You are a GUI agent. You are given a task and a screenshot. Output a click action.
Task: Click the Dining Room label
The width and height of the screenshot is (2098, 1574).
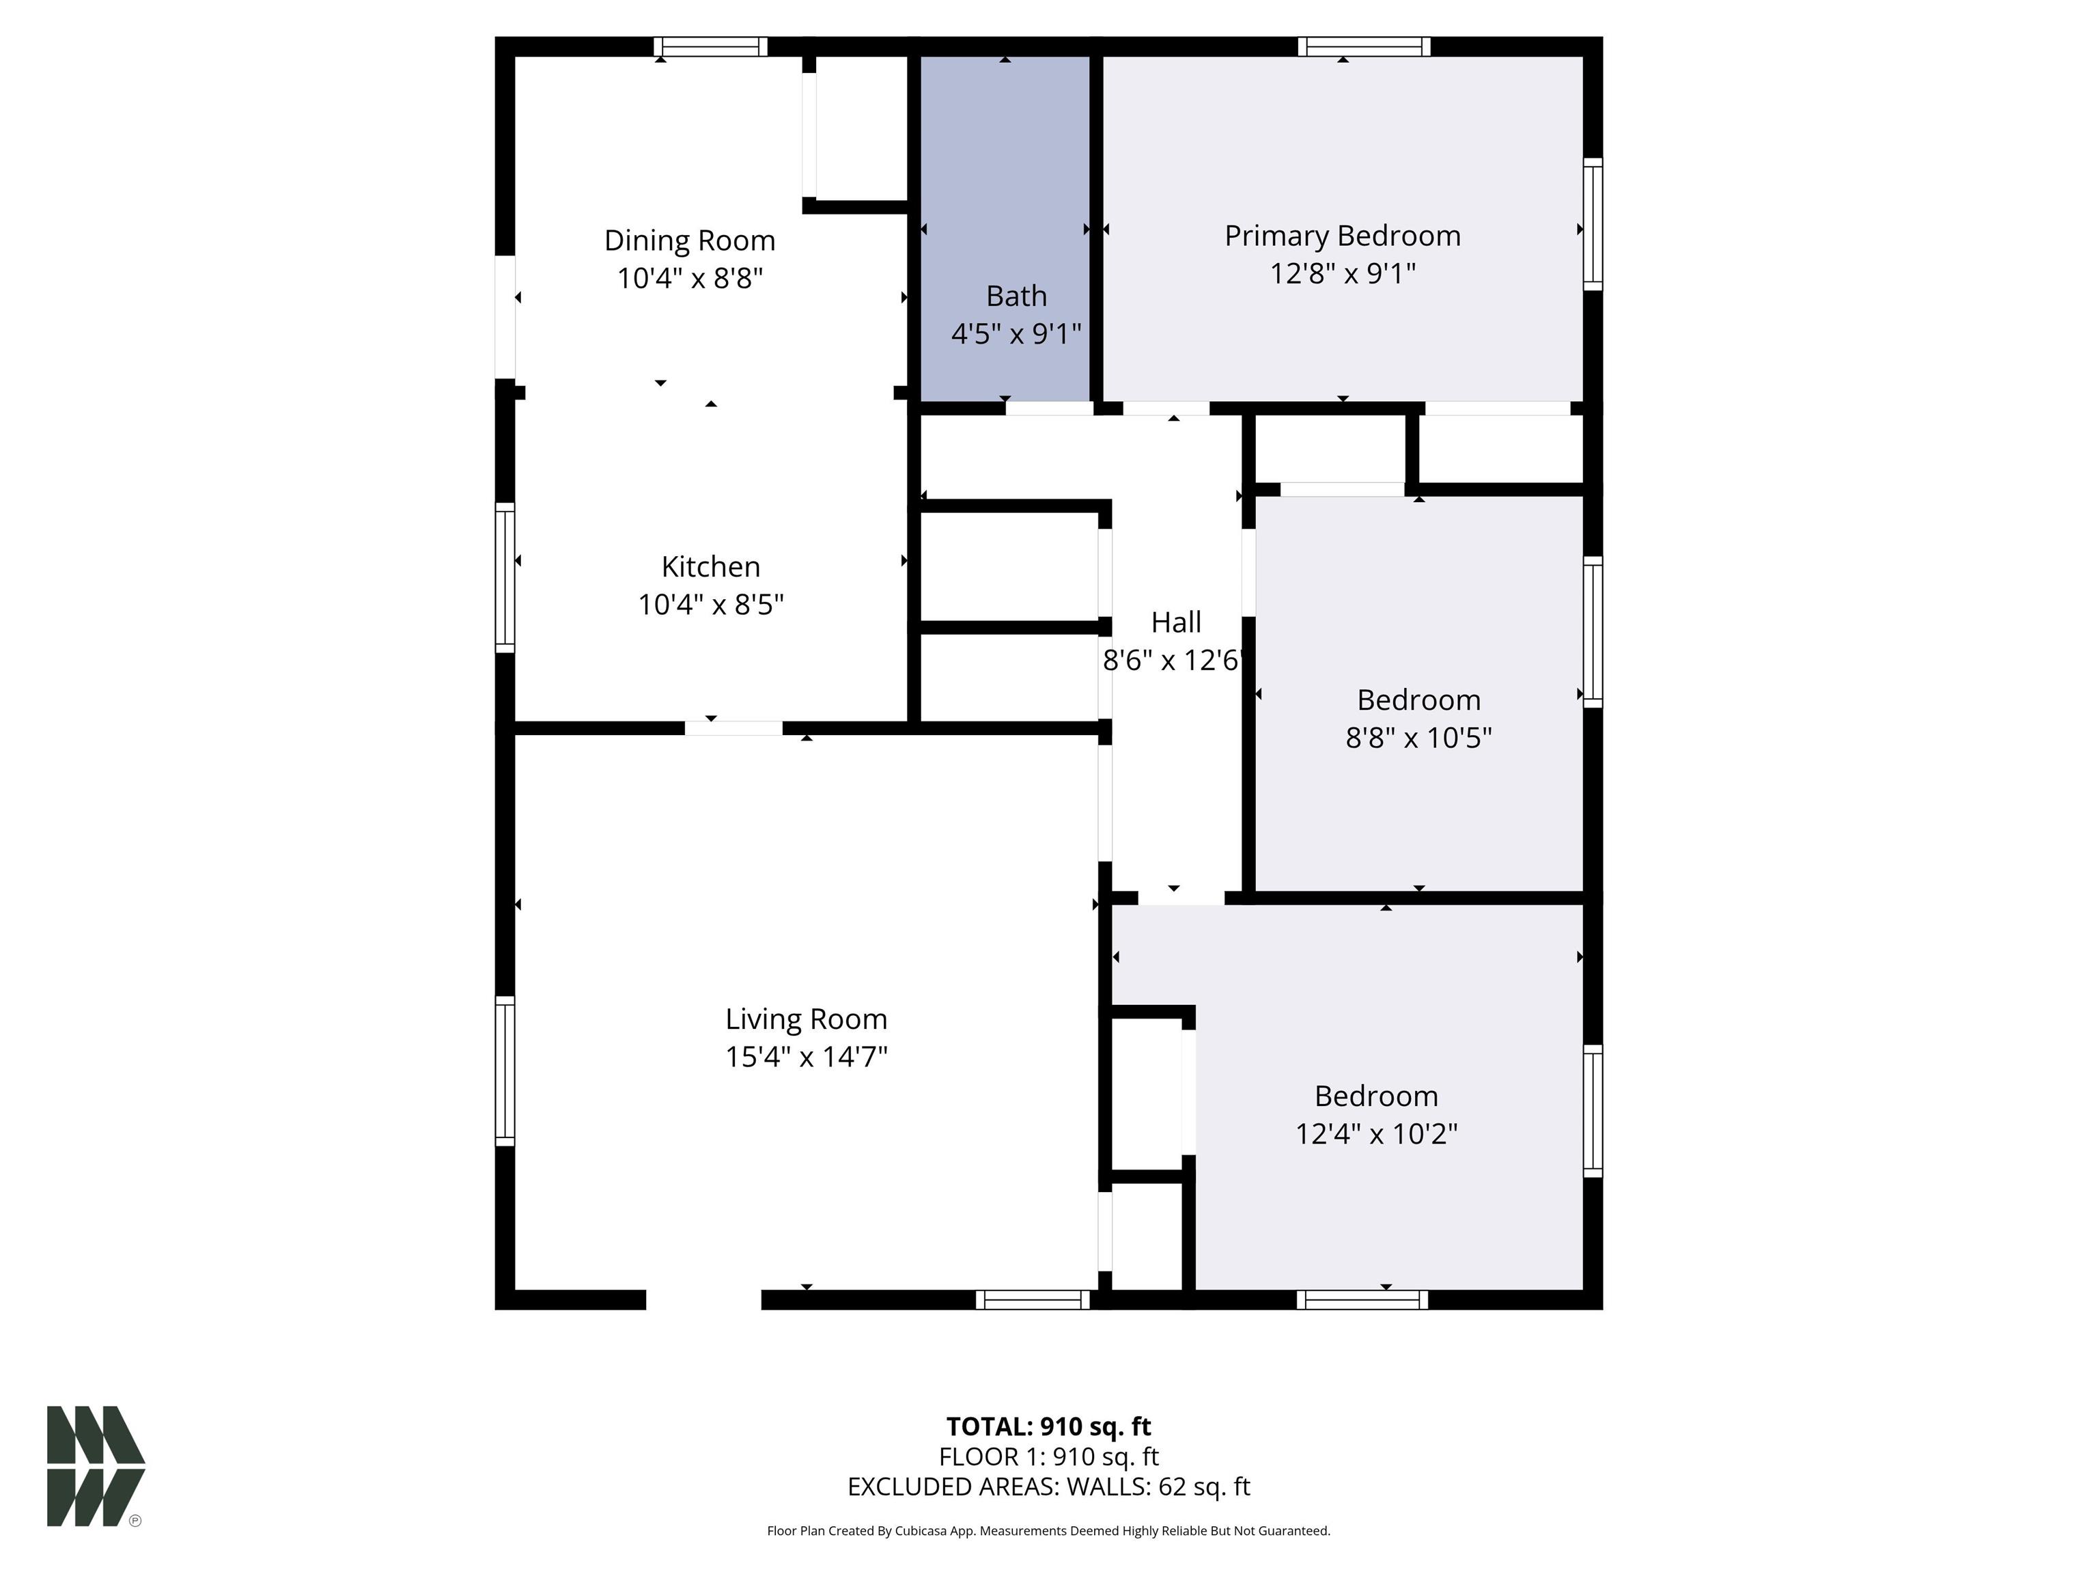click(690, 240)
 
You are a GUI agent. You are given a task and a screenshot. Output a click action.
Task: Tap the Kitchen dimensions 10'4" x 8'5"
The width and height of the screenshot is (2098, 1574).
click(710, 605)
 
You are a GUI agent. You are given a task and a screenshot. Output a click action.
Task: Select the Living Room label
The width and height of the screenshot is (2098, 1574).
click(806, 1019)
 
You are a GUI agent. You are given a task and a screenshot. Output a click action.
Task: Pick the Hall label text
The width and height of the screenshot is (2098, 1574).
click(1176, 622)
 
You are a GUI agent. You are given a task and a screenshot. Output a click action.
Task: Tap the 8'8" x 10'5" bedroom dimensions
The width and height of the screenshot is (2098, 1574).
click(1418, 737)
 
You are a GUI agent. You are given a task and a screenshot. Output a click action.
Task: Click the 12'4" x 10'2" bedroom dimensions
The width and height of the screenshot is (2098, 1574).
click(1376, 1134)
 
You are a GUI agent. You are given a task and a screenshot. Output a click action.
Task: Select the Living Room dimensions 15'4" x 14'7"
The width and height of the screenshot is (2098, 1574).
click(806, 1057)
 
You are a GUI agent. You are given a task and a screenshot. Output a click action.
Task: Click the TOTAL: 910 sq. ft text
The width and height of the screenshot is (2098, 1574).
click(1048, 1426)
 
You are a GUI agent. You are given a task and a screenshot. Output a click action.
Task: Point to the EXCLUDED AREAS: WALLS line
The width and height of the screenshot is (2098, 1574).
click(1048, 1487)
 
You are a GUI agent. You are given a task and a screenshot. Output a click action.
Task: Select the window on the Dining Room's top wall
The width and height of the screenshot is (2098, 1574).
click(710, 46)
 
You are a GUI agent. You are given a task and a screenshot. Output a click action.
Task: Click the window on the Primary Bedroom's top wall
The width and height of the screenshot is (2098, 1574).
click(1364, 46)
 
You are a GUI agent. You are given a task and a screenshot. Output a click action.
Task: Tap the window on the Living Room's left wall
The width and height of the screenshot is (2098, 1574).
click(505, 1071)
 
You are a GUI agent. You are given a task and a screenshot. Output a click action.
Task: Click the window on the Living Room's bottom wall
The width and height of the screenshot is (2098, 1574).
click(1033, 1300)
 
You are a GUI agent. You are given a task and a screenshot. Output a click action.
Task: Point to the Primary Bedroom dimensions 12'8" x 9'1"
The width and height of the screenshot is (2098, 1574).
click(1342, 273)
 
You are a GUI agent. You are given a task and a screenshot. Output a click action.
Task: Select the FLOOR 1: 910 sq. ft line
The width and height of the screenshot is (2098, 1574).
click(1048, 1456)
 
